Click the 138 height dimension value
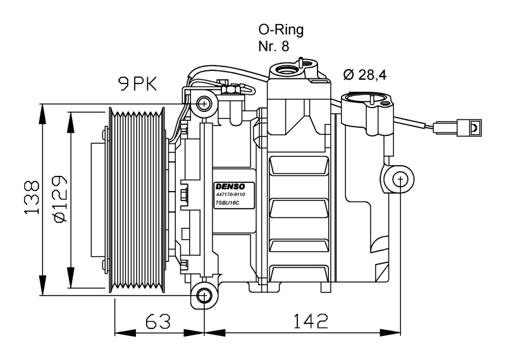click(x=32, y=197)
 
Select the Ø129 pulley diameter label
click(x=60, y=199)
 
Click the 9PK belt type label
click(x=138, y=84)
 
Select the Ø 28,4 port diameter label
click(x=365, y=75)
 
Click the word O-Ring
click(x=281, y=30)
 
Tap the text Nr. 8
click(x=274, y=46)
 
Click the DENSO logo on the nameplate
click(x=230, y=187)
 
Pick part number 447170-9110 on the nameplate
click(x=230, y=194)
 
